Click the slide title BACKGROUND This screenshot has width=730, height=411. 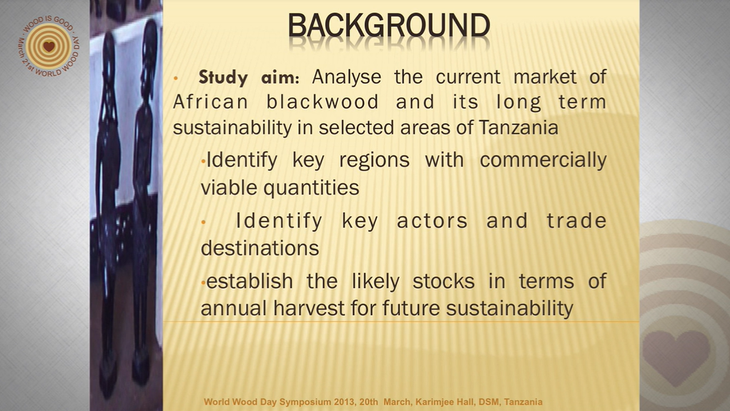click(389, 25)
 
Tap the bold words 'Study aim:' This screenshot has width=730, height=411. click(249, 77)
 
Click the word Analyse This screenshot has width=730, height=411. click(346, 77)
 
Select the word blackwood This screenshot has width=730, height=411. click(322, 102)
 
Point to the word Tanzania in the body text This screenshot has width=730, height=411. click(518, 127)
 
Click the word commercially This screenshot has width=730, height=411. click(543, 161)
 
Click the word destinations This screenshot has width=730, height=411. click(260, 248)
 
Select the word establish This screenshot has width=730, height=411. click(250, 281)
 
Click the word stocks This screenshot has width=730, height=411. click(444, 281)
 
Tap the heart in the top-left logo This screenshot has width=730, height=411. click(49, 46)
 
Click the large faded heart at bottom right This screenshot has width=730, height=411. click(676, 357)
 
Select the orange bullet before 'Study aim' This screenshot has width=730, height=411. click(175, 78)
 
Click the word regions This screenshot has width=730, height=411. click(375, 161)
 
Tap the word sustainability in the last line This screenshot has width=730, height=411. click(509, 308)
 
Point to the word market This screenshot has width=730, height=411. click(545, 77)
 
